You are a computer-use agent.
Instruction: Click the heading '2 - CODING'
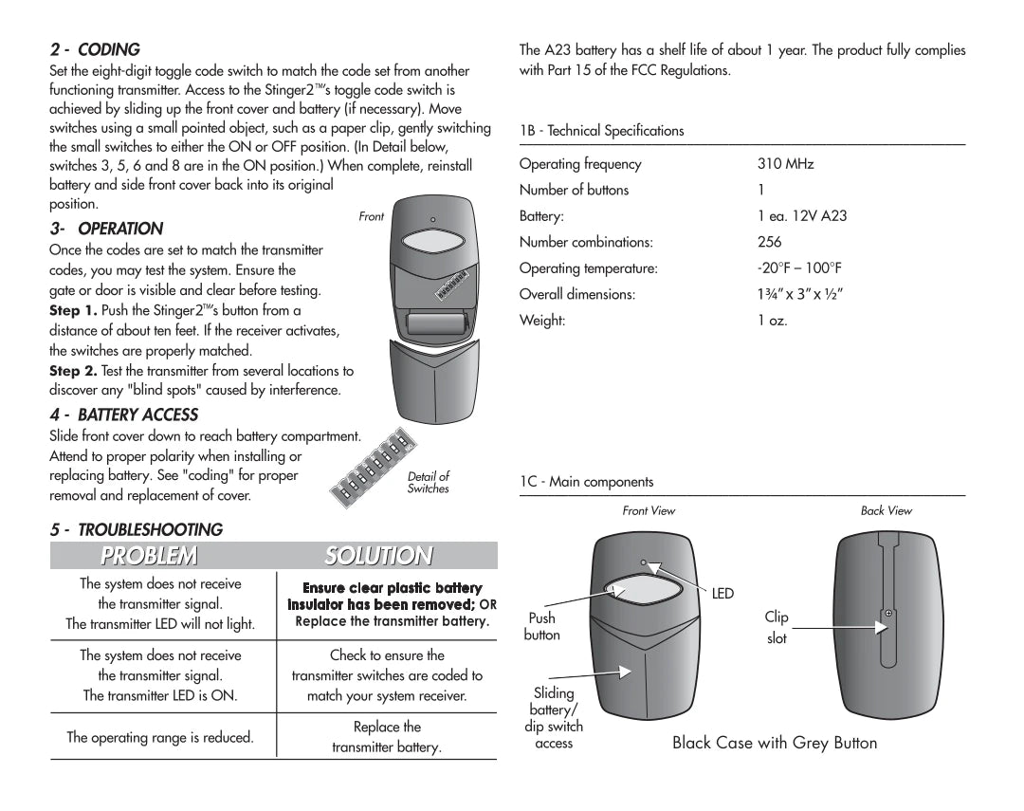tap(95, 49)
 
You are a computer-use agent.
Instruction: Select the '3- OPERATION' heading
tap(106, 229)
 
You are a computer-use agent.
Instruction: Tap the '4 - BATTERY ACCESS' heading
tap(124, 415)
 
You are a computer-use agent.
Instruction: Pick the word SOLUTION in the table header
tap(378, 556)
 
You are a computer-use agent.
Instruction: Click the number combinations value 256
tap(770, 242)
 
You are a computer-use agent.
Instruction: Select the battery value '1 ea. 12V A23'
tap(802, 216)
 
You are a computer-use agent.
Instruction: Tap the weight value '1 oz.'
tap(773, 321)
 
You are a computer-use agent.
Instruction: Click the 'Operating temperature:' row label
tap(588, 268)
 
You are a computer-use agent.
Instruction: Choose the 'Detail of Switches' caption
tap(428, 483)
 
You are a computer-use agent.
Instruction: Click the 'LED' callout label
tap(722, 594)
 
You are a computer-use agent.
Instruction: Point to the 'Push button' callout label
tap(542, 626)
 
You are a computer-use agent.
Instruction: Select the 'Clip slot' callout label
tap(777, 627)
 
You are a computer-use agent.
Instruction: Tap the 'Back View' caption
tap(886, 510)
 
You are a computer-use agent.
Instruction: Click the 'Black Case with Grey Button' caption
tap(775, 743)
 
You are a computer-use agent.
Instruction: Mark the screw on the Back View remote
tap(887, 614)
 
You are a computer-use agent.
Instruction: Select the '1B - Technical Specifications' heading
tap(601, 131)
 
